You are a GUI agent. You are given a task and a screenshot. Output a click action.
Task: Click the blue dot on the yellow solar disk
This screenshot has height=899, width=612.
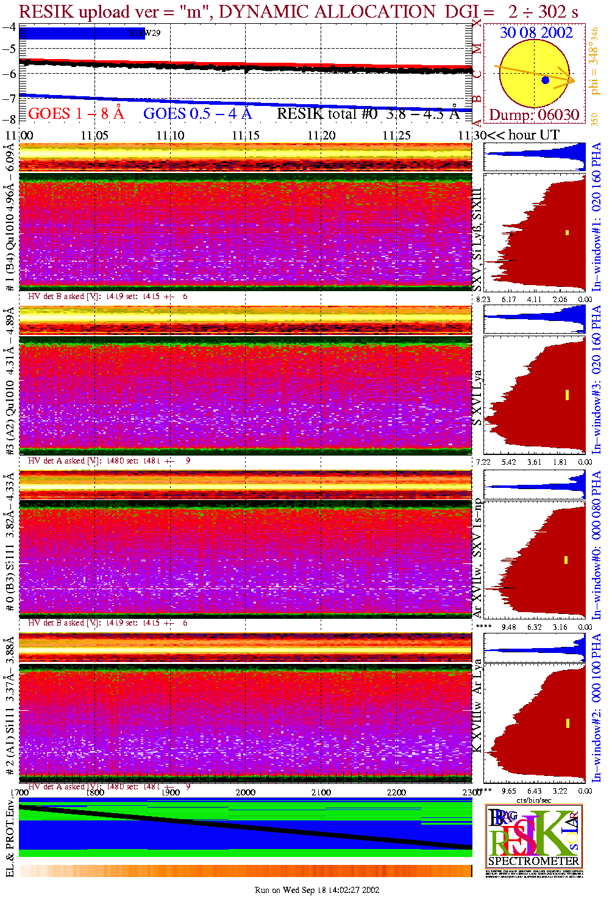point(545,80)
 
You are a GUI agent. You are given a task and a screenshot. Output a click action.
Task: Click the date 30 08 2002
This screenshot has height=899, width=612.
point(536,33)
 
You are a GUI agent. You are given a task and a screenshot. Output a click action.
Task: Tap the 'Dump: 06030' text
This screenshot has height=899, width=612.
point(534,115)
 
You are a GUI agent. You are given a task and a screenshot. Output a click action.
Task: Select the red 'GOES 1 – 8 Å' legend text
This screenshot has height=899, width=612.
point(76,113)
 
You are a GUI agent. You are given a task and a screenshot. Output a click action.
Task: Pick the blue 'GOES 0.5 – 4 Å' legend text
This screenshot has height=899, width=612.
point(197,113)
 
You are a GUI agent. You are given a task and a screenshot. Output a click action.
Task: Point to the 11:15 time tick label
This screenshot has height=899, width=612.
point(245,135)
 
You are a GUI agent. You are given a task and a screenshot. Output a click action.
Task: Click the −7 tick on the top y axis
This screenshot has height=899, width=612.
point(10,98)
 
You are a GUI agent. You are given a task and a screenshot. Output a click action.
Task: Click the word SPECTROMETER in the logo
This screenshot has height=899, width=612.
point(533,861)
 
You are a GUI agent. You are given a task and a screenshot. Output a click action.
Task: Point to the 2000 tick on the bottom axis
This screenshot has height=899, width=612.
point(246,792)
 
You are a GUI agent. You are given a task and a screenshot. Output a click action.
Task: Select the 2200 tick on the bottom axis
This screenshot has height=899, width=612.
point(396,792)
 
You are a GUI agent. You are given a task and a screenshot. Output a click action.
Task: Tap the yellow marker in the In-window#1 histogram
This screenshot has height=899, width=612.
point(567,232)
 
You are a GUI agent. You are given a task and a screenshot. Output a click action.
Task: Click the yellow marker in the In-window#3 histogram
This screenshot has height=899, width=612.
point(567,395)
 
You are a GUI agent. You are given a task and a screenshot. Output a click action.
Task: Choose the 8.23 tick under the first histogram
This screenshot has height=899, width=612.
point(483,299)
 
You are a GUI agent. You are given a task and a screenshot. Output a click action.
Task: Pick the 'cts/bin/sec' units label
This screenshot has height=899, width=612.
point(533,800)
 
